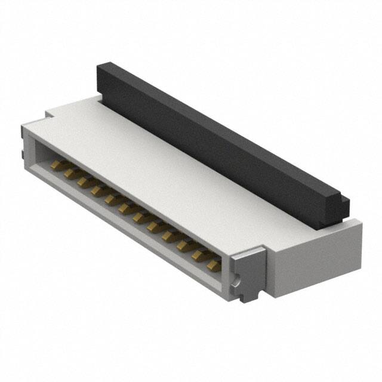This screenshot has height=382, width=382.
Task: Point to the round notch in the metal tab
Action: (238, 278)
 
